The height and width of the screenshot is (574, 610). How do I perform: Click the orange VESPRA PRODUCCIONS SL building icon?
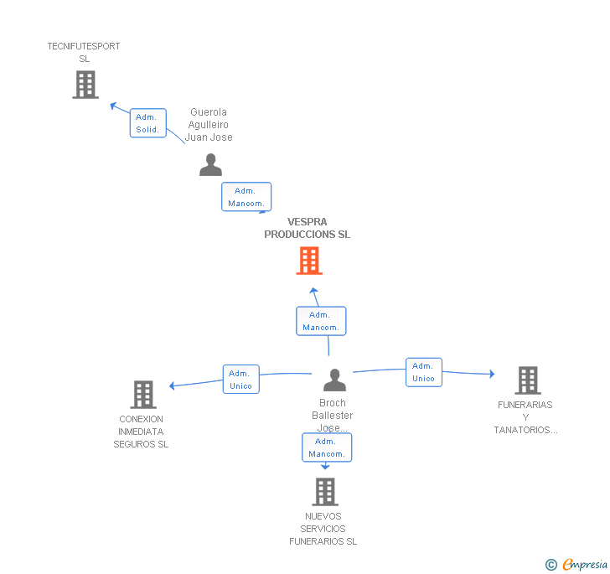pos(309,261)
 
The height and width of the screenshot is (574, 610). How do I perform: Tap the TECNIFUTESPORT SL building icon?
pos(85,85)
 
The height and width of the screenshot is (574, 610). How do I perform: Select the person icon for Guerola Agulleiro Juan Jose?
pos(211,164)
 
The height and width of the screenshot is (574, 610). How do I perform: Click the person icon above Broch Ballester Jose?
pos(334,380)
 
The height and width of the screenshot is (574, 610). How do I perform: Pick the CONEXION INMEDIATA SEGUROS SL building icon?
pos(143,395)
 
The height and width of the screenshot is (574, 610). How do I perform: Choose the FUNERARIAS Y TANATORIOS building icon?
pos(528,380)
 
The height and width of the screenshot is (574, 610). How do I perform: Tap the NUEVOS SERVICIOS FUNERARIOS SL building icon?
pos(325,492)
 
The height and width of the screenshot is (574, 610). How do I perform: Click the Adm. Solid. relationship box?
pos(147,123)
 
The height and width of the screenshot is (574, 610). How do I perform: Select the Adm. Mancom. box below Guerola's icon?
pos(246,197)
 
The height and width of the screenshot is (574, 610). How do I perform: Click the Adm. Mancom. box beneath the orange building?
pos(321,321)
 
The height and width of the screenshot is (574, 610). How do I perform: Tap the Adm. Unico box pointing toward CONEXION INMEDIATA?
pos(240,379)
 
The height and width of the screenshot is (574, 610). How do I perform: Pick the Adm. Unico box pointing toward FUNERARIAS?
pos(424,372)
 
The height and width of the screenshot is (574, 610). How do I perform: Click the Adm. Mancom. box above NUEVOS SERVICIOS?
pos(327,447)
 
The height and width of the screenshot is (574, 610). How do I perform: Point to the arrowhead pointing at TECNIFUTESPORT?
pos(114,106)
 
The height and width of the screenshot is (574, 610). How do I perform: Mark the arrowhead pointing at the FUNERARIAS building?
pos(492,374)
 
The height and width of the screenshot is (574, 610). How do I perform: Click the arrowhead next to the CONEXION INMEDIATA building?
pos(172,385)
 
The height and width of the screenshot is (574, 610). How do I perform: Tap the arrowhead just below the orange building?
pos(313,290)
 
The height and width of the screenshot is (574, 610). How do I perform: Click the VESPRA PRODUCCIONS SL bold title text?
pos(307,228)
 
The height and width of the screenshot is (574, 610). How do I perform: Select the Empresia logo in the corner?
pos(584,564)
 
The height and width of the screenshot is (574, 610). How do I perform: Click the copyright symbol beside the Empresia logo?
pos(551,565)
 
